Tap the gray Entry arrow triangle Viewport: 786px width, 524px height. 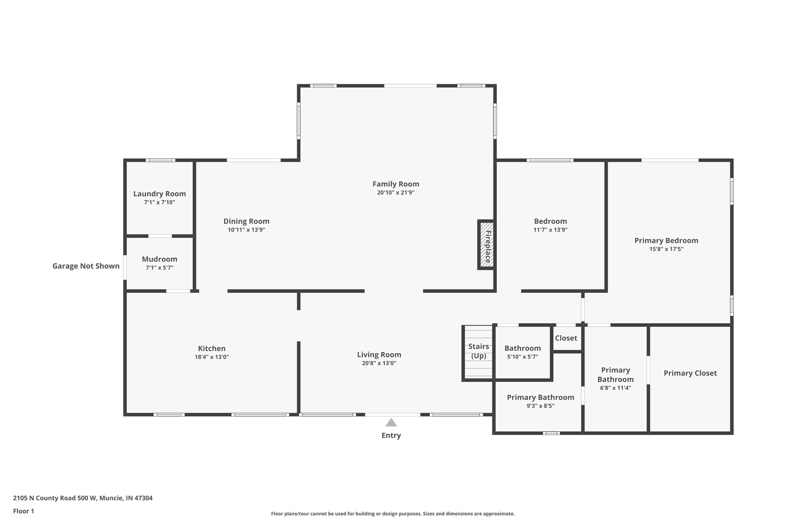(391, 423)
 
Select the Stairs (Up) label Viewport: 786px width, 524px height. (479, 351)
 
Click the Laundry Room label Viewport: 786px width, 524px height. (160, 194)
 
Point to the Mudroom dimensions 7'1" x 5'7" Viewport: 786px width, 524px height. (160, 268)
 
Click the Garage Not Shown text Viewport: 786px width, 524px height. (86, 266)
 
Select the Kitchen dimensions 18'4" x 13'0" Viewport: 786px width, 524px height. (212, 357)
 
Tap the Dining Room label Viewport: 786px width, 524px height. (246, 221)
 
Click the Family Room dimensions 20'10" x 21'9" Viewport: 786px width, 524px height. (396, 193)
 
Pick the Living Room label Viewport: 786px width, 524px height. (379, 355)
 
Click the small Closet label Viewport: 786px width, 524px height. (566, 338)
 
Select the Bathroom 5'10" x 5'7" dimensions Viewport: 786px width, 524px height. (522, 357)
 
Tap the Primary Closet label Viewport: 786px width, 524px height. (690, 373)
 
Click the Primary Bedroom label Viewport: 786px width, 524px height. (666, 241)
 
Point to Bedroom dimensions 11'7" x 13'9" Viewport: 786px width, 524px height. (550, 230)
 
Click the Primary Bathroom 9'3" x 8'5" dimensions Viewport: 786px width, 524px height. (540, 406)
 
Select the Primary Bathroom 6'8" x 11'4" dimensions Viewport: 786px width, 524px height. (616, 388)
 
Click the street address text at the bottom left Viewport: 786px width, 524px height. (83, 498)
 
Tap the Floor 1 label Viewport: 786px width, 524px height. (24, 511)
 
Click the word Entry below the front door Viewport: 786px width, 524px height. (391, 435)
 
